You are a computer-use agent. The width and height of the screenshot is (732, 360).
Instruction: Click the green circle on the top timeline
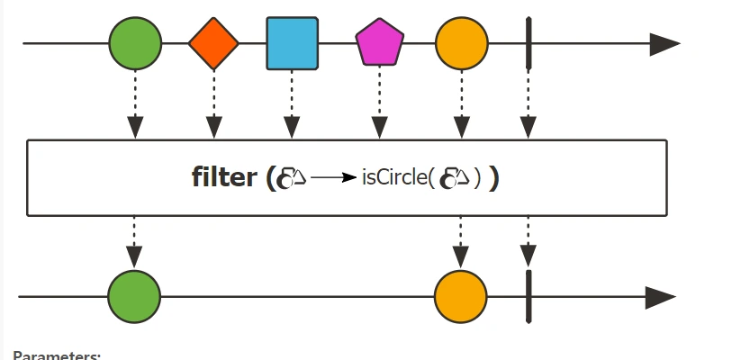(x=135, y=42)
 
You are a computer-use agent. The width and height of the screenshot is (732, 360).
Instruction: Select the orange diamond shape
(x=213, y=42)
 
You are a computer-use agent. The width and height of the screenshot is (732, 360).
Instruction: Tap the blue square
(x=292, y=43)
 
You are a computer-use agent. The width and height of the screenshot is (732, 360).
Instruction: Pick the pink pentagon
(x=379, y=44)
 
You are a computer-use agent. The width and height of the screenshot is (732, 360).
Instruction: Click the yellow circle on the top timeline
(x=461, y=42)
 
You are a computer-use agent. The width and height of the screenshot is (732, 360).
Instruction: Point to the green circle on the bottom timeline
(x=134, y=296)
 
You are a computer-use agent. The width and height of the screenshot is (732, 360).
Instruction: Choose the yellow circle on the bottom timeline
(x=460, y=296)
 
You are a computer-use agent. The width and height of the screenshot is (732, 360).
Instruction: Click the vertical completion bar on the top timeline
(x=529, y=42)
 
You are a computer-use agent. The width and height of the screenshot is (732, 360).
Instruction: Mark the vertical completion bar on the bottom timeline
(x=529, y=296)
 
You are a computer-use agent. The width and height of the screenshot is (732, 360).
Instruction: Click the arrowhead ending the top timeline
(x=664, y=43)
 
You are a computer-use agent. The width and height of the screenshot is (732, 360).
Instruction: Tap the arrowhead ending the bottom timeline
(x=661, y=296)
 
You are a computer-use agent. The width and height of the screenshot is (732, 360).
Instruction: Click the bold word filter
(x=224, y=177)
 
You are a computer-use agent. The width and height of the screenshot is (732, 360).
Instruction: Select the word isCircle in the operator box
(x=394, y=177)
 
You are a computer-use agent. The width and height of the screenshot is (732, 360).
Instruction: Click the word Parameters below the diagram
(x=57, y=355)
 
